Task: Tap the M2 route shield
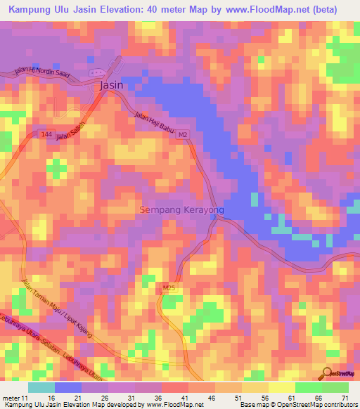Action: click(x=183, y=134)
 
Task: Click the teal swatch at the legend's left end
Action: click(x=41, y=387)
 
